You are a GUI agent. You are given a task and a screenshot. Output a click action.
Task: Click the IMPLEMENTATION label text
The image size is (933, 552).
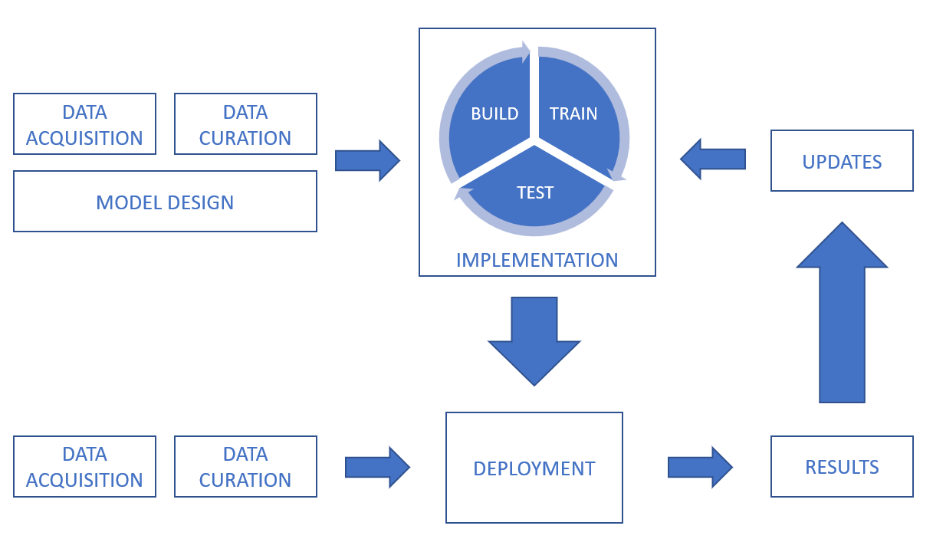tap(537, 260)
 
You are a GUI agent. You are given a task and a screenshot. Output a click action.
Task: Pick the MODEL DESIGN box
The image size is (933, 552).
tap(165, 202)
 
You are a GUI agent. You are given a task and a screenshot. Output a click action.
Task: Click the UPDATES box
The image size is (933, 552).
tap(842, 161)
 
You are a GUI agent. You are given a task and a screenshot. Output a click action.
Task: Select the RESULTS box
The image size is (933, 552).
tap(842, 467)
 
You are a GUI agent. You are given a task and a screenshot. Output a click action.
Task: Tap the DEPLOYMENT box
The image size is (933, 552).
tap(534, 468)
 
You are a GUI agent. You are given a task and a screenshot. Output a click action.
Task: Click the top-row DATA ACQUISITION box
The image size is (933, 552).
tap(84, 124)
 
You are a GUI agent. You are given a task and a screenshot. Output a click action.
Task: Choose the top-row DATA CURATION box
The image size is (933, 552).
tap(245, 124)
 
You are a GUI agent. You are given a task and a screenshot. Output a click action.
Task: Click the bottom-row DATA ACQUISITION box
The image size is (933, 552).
tap(84, 467)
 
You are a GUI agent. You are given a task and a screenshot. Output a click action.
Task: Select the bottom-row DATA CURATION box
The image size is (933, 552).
tap(245, 467)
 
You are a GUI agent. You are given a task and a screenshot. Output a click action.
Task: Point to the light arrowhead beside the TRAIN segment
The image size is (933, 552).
tap(618, 176)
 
